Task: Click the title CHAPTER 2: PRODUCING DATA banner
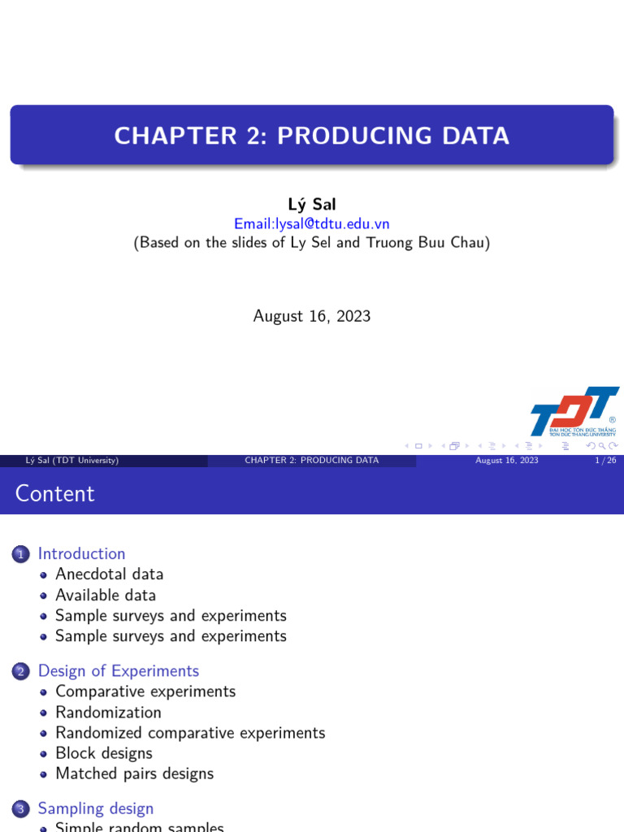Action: point(312,135)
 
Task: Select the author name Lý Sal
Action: point(312,205)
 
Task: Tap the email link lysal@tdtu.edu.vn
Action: point(312,223)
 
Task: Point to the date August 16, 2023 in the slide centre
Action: point(312,316)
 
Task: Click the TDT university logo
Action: point(574,412)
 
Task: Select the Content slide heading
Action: point(55,493)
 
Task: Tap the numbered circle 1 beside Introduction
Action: point(21,555)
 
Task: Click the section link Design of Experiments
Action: point(119,671)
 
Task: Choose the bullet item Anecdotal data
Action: point(109,574)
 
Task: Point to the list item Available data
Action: point(105,595)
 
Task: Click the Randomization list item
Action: point(108,713)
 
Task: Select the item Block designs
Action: point(103,753)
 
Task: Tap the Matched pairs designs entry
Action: point(134,773)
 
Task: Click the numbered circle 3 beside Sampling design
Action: point(21,809)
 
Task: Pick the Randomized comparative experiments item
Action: point(190,733)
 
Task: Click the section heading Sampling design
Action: point(96,808)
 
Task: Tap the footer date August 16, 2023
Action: point(507,461)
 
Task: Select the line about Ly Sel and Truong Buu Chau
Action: point(312,243)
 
